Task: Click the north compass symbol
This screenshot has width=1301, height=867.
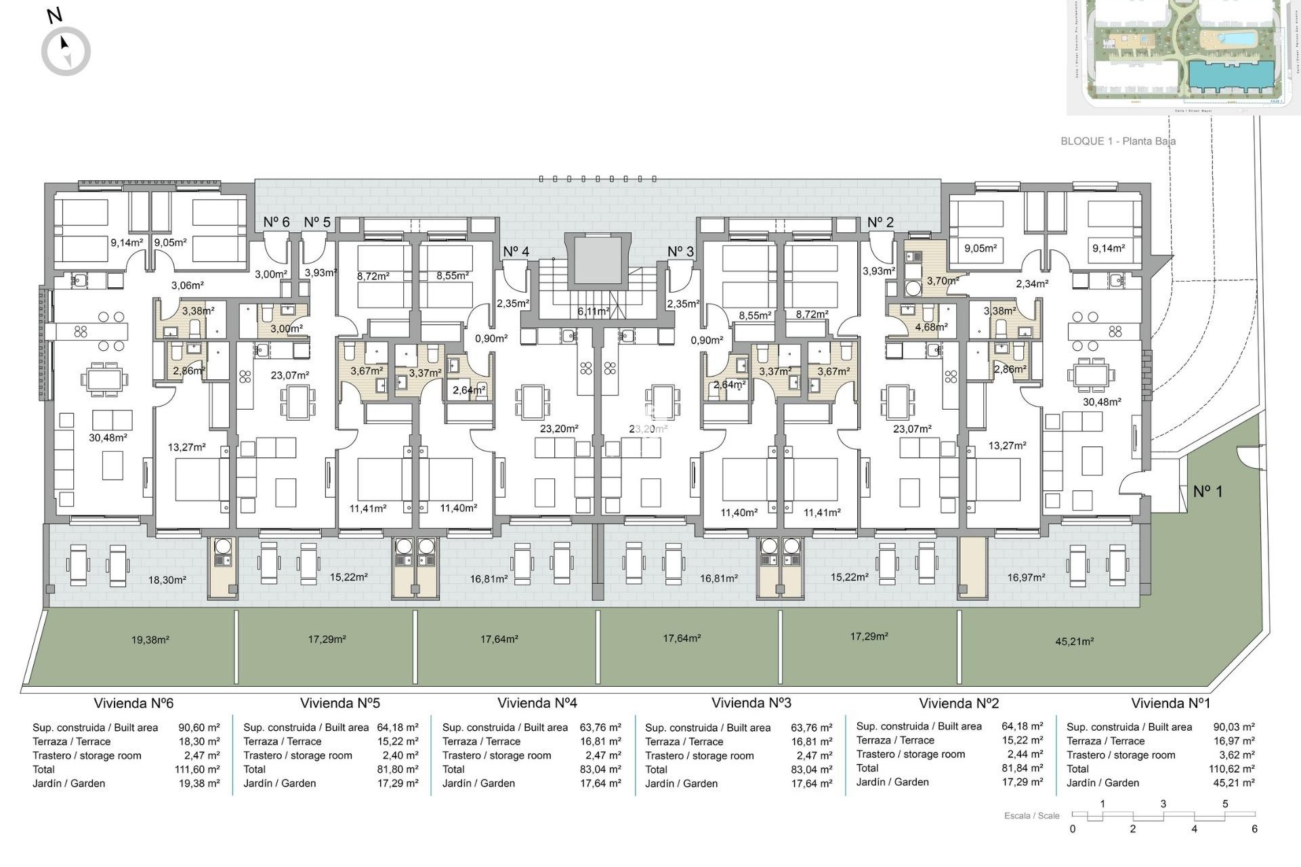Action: [66, 51]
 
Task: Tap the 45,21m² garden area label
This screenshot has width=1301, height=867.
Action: [1074, 641]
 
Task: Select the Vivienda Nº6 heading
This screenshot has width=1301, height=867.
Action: [133, 703]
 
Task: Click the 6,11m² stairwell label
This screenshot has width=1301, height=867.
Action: [593, 312]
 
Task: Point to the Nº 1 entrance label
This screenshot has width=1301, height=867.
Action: [1207, 491]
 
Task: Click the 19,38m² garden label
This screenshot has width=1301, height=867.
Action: [150, 639]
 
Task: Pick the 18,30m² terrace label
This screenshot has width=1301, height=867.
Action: [167, 580]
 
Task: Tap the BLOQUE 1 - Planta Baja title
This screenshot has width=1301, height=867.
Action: [1117, 141]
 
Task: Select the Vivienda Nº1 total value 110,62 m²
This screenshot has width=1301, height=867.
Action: [1233, 769]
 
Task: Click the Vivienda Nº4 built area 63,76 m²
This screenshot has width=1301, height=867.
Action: [600, 727]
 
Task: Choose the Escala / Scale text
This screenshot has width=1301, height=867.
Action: [1031, 816]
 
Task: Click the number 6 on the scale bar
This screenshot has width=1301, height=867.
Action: [1254, 829]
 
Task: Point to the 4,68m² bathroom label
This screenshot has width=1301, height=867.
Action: [931, 326]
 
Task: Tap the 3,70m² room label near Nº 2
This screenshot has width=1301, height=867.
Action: [943, 280]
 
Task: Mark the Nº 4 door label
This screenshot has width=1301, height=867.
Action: [516, 251]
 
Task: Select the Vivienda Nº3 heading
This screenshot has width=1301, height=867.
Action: [751, 703]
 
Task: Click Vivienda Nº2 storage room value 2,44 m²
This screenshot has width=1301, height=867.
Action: [1022, 754]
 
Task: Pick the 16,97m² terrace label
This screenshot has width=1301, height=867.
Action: [1026, 577]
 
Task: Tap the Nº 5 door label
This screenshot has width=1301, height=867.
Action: [317, 222]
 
